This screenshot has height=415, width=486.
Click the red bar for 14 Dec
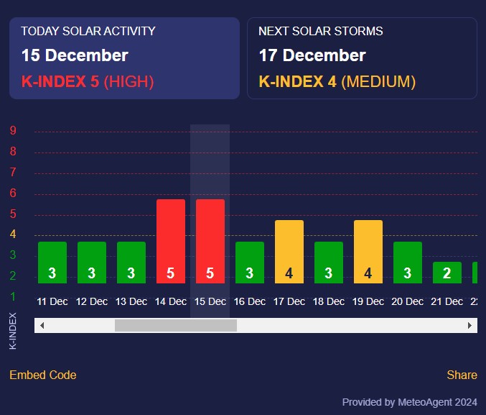click(x=171, y=241)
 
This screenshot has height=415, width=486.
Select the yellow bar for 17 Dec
click(x=289, y=251)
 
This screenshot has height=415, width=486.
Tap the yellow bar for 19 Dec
click(x=368, y=251)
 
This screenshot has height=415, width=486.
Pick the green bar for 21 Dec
click(x=447, y=272)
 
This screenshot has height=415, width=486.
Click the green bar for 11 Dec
click(x=52, y=262)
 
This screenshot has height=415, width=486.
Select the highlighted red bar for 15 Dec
click(x=210, y=241)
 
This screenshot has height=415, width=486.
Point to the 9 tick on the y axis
click(x=14, y=131)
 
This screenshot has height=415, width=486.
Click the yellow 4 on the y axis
click(x=14, y=234)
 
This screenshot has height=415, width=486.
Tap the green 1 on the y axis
click(x=14, y=296)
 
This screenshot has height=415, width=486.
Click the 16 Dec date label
click(x=250, y=302)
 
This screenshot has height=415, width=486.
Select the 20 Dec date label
click(x=408, y=302)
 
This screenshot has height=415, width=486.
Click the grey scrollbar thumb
click(x=176, y=326)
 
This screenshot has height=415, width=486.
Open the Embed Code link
click(x=42, y=375)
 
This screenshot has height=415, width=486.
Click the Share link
click(x=462, y=375)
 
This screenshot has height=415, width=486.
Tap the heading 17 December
click(x=312, y=55)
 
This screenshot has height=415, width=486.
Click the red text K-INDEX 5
click(x=60, y=82)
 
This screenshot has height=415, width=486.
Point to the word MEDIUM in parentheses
click(x=378, y=82)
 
